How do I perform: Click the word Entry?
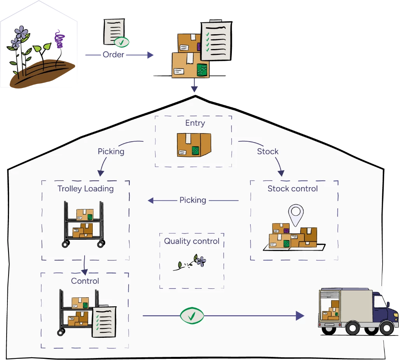(195, 123)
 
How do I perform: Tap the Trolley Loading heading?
(85, 189)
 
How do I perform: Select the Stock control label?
(293, 189)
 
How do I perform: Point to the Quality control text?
(192, 241)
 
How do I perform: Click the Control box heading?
(85, 281)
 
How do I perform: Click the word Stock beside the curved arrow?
(268, 151)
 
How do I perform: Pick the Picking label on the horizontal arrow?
(192, 200)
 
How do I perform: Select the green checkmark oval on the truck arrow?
(192, 316)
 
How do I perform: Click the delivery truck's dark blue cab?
(380, 307)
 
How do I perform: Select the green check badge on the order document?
(122, 42)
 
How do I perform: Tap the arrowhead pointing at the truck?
(300, 316)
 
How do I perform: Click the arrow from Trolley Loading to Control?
(85, 265)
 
